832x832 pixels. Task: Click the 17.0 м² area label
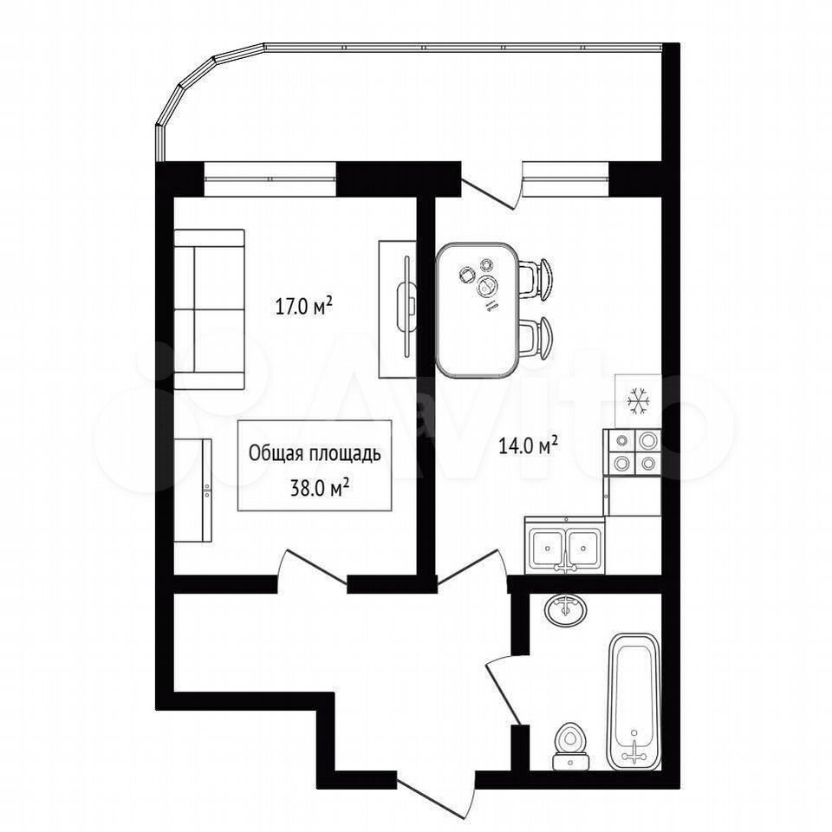click(303, 306)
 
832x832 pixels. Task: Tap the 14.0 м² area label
click(528, 445)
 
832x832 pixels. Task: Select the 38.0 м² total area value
click(319, 487)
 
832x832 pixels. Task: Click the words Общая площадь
click(315, 455)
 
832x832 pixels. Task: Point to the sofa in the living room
click(210, 309)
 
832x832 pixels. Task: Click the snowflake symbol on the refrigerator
click(638, 400)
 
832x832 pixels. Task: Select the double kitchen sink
click(564, 545)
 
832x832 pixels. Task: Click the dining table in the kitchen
click(477, 310)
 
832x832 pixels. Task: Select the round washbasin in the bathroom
click(566, 611)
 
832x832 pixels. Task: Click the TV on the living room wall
click(407, 307)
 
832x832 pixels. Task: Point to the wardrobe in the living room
click(193, 490)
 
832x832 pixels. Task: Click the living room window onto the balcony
click(270, 179)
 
